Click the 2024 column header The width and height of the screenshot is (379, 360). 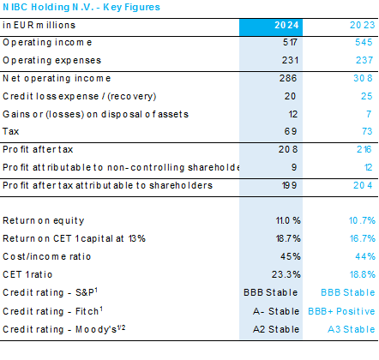[x=286, y=25]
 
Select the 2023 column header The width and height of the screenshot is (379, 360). [x=362, y=25]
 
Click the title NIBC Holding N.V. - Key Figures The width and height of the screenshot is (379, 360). [x=81, y=7]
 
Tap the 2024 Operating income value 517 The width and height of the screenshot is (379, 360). [x=290, y=42]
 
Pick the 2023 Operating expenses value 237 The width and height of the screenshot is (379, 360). [x=364, y=60]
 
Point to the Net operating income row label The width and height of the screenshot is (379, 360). [x=57, y=78]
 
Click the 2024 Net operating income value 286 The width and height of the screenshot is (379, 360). [x=288, y=78]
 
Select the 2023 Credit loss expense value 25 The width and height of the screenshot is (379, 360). [x=367, y=96]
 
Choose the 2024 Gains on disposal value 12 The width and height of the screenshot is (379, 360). [x=293, y=114]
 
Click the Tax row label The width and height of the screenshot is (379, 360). [x=11, y=131]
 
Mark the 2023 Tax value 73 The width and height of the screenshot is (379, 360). [x=367, y=131]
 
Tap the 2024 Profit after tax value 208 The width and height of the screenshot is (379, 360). [x=288, y=149]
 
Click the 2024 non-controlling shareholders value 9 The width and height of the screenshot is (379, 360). [x=294, y=167]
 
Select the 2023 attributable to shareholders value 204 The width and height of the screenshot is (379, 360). [x=363, y=185]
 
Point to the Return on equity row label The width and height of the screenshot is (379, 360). [x=44, y=220]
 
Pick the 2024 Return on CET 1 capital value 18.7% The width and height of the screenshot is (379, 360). [x=288, y=238]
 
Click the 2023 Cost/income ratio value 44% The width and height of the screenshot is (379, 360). [x=365, y=256]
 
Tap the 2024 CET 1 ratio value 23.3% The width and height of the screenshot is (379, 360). [x=286, y=274]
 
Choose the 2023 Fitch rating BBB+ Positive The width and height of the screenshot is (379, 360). [x=341, y=311]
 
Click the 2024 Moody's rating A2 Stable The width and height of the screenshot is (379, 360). [x=276, y=329]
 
